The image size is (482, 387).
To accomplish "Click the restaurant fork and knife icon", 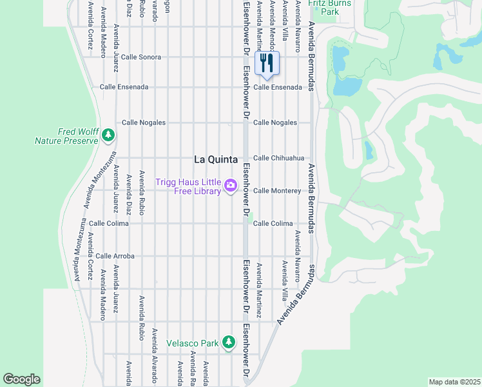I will (267, 63).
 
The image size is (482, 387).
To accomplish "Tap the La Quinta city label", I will (216, 159).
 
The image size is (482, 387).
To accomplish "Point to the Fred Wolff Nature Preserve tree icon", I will (109, 135).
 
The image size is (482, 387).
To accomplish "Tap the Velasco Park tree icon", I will (228, 342).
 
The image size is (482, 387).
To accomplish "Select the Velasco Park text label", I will (193, 343).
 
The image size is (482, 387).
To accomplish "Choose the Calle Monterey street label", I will (276, 191).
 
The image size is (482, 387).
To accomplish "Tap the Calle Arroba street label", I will (115, 256).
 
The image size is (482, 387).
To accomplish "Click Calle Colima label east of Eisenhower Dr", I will (273, 223).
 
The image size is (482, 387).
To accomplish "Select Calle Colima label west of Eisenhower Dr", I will (109, 223).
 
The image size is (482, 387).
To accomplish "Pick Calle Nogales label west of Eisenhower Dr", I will (144, 122).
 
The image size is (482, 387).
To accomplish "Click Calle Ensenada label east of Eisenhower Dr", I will (277, 87).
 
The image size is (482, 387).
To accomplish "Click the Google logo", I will (21, 379).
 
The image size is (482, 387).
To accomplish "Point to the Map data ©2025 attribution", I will (454, 382).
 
